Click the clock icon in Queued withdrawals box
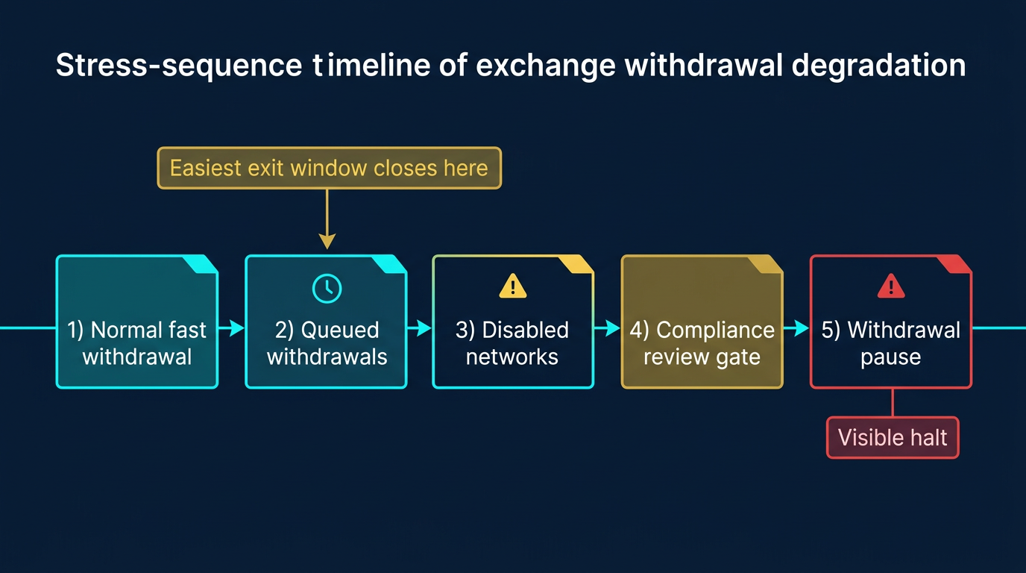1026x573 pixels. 327,288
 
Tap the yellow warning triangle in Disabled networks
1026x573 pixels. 512,286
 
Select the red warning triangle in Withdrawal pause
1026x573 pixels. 890,286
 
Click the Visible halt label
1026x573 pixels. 893,437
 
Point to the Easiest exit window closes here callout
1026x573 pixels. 329,167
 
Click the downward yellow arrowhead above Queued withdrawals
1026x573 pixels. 327,240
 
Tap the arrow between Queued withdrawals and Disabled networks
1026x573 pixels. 421,328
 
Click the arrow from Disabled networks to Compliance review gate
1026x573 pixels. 608,328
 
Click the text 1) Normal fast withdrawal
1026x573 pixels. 137,343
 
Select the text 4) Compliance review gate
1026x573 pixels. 702,343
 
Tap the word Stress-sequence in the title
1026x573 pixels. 178,66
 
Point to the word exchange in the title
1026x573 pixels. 545,66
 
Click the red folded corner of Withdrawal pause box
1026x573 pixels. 957,263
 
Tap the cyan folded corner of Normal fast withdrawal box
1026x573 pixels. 204,263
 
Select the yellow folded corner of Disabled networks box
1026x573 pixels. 579,263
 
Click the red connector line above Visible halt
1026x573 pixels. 893,403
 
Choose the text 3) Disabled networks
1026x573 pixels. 512,343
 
